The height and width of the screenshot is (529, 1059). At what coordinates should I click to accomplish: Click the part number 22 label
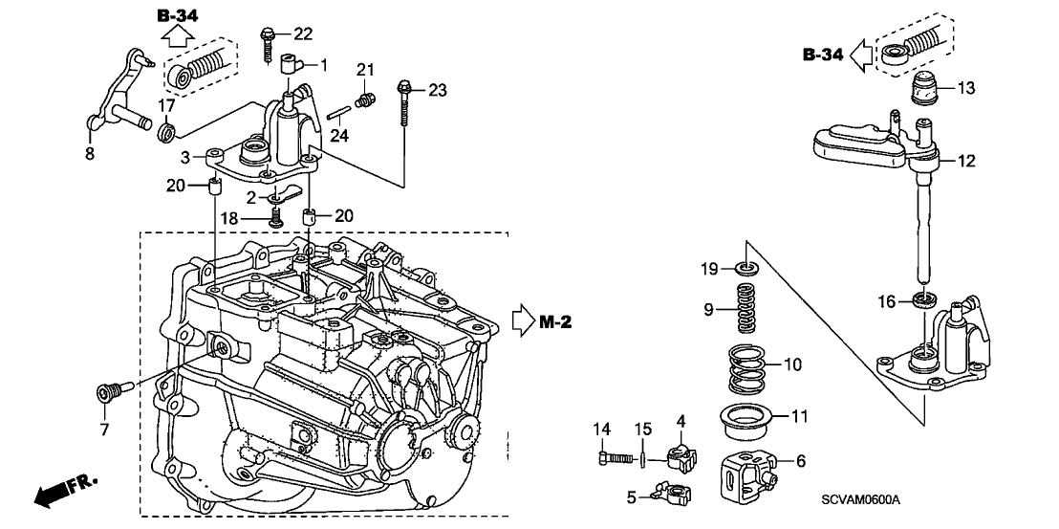(x=302, y=34)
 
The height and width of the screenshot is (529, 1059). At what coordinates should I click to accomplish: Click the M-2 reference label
(x=555, y=321)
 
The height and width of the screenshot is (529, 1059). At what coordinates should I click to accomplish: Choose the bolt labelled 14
(x=617, y=460)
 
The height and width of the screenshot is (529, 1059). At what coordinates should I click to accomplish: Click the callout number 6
(x=800, y=461)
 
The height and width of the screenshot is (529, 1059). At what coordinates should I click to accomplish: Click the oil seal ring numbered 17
(x=165, y=129)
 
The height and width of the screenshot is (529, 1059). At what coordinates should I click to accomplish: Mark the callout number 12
(x=966, y=162)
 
